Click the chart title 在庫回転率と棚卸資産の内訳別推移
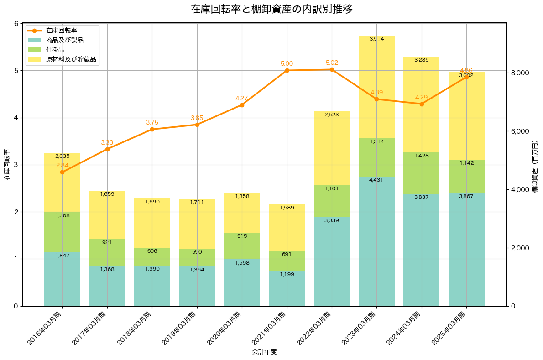271,9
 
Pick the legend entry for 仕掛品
55,50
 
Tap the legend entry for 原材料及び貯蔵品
71,59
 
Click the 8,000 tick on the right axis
519,73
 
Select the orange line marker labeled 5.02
332,69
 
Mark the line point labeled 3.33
107,149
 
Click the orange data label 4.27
242,98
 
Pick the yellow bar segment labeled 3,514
376,87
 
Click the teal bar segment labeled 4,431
376,242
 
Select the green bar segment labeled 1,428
422,173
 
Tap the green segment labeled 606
152,256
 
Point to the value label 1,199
287,274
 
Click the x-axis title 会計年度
264,352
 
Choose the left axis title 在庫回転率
7,165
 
